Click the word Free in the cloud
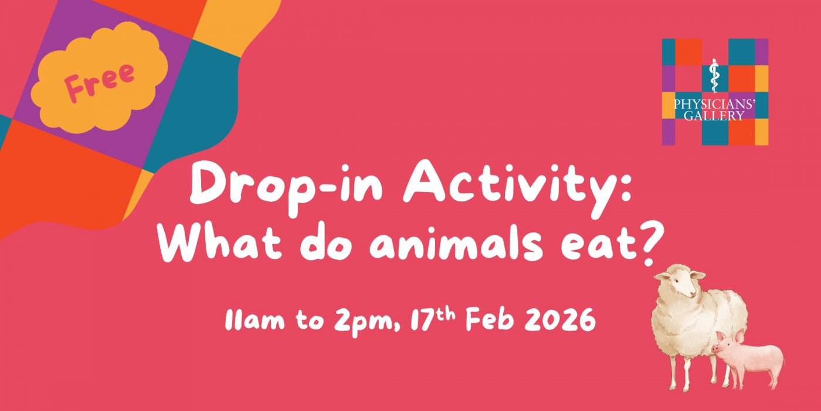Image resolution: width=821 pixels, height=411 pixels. (x=100, y=82)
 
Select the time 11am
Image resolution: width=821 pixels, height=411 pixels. (x=255, y=320)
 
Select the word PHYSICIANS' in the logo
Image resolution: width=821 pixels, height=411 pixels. (x=715, y=105)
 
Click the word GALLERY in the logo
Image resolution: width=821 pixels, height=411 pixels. (x=714, y=116)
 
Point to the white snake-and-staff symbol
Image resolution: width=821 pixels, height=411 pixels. (x=713, y=76)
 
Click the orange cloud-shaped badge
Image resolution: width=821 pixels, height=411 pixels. (x=99, y=77)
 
